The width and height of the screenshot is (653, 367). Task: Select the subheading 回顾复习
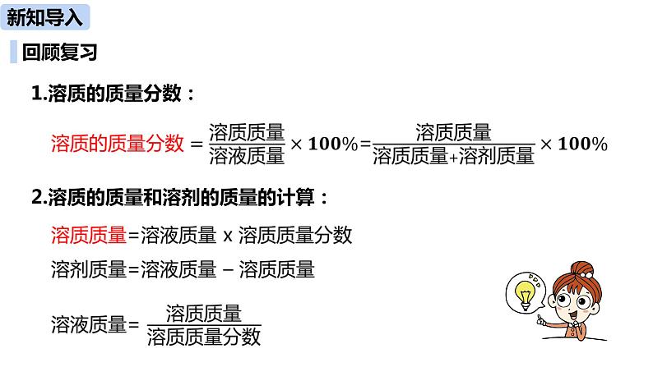coord(60,53)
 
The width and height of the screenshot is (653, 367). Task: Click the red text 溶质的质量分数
coord(117,144)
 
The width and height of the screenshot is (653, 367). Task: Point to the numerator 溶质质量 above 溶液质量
coord(247,131)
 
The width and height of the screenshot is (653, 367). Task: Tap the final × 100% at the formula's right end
coord(573,145)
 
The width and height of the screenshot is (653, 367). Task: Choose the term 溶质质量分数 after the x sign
coord(295,236)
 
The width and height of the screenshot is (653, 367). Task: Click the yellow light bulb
coord(523,292)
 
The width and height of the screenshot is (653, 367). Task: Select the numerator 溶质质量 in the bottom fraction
coord(203,312)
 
